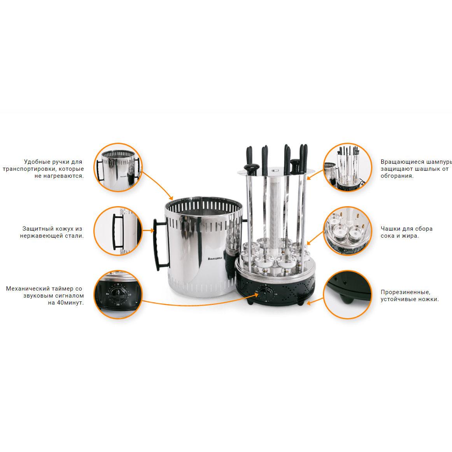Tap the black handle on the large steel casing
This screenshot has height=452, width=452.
[160, 244]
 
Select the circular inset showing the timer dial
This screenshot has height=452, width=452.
[118, 294]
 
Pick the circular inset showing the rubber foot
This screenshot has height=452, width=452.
[347, 294]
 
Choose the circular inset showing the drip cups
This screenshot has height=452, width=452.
[347, 231]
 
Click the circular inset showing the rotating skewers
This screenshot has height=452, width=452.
[347, 167]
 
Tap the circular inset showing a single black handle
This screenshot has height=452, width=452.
[118, 231]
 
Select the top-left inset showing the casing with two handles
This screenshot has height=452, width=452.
[118, 167]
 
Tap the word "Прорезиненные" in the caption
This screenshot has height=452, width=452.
[405, 292]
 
